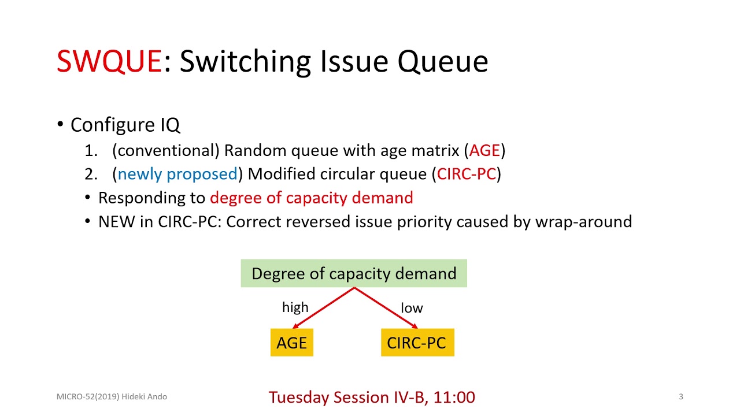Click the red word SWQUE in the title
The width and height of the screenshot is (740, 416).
click(109, 61)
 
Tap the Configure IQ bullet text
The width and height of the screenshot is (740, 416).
click(125, 125)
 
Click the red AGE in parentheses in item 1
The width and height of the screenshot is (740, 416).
click(484, 151)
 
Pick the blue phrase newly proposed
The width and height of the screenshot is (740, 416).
click(177, 174)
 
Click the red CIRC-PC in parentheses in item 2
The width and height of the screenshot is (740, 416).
click(467, 174)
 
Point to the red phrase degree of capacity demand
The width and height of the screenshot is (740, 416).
click(311, 198)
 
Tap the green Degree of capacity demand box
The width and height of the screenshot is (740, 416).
click(354, 273)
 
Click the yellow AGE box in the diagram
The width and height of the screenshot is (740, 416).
click(292, 343)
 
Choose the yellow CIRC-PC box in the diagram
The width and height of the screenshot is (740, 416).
click(417, 343)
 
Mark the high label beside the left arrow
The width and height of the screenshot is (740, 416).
click(295, 307)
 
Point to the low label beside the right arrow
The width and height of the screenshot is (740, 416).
click(412, 308)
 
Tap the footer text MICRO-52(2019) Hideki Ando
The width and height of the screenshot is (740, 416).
click(112, 397)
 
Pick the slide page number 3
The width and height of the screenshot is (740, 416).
click(680, 397)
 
